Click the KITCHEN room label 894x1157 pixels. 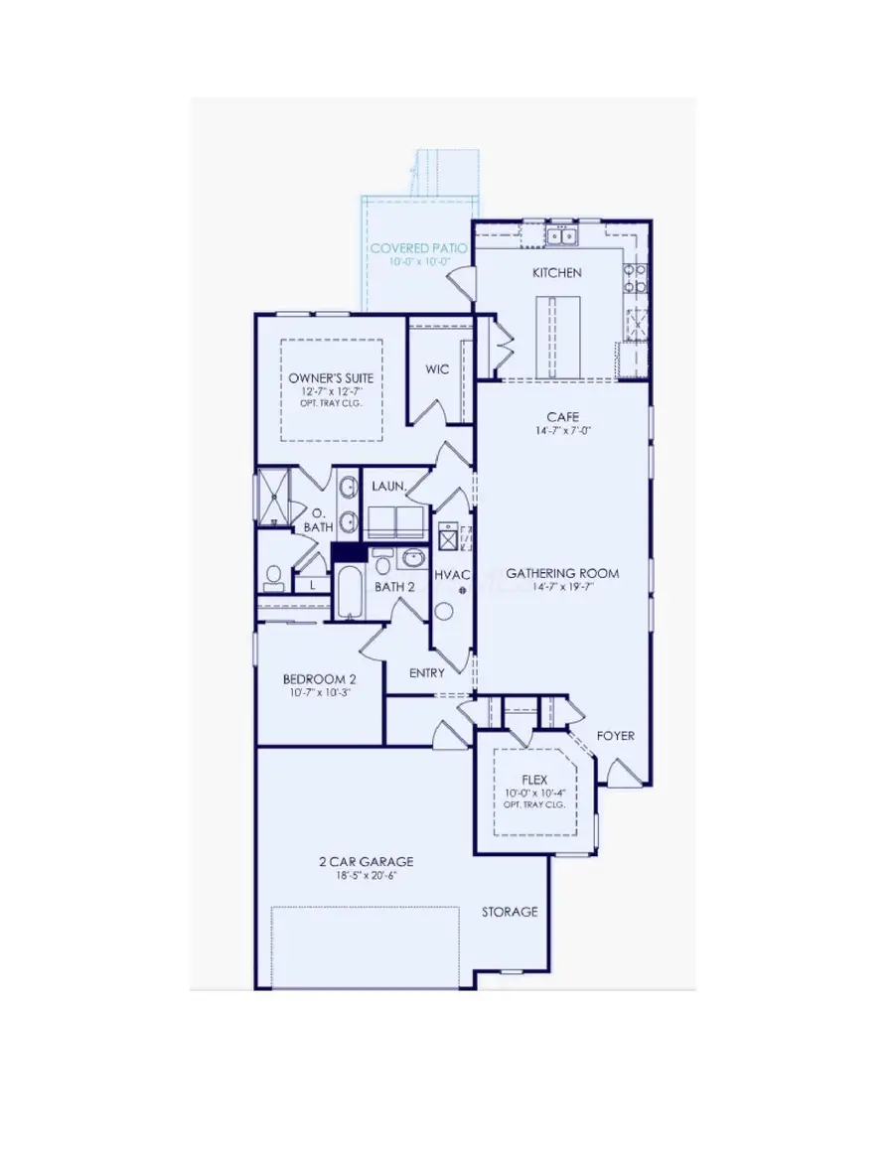click(556, 272)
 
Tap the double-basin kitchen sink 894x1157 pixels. click(561, 236)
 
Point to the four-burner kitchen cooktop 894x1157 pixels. click(633, 277)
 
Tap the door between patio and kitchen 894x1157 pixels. click(460, 285)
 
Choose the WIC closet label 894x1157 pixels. click(437, 369)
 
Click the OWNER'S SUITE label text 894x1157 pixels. click(332, 378)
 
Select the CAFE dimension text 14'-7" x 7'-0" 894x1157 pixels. click(562, 431)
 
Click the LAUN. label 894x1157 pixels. click(385, 487)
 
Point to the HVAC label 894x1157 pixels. click(452, 576)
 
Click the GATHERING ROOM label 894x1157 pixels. click(562, 573)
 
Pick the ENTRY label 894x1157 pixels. click(427, 672)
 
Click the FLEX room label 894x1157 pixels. click(534, 780)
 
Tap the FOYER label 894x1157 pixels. click(615, 736)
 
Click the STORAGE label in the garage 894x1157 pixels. click(510, 911)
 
